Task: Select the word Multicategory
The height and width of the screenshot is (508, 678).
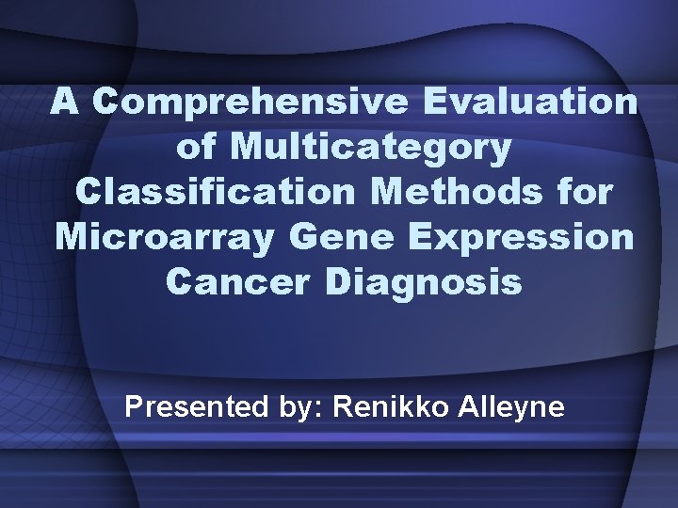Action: point(372,147)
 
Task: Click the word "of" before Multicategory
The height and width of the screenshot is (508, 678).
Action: point(197,147)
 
